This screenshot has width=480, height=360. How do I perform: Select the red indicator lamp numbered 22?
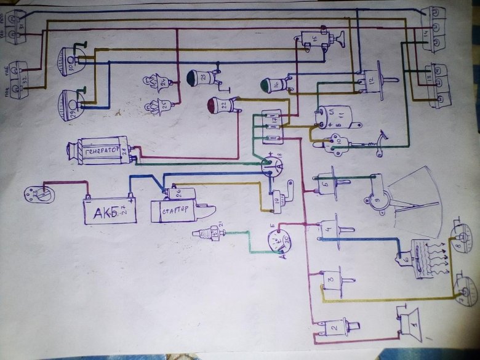tap(221, 106)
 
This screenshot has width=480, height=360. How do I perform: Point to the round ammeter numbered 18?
tap(271, 165)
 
